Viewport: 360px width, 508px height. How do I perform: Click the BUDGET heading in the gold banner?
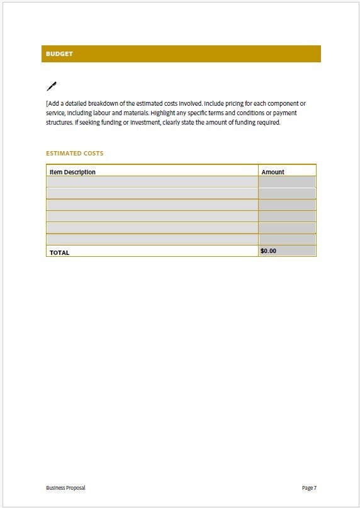tap(59, 54)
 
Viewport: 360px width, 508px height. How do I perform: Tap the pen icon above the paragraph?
tap(52, 86)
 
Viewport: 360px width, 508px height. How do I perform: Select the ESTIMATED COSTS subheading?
tap(74, 153)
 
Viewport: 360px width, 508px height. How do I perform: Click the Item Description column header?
tap(72, 172)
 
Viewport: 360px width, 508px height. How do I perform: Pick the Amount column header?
tap(273, 172)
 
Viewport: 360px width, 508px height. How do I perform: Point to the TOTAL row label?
tap(59, 252)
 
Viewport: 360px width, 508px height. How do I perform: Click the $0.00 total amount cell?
tap(269, 251)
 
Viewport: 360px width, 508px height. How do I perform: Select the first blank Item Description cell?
tap(152, 182)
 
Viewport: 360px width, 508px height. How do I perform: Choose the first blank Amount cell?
tap(287, 182)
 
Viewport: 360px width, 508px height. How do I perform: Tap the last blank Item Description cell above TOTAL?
tap(152, 239)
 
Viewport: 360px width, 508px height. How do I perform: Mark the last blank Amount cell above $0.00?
tap(287, 239)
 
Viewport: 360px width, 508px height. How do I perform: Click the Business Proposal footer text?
tap(65, 488)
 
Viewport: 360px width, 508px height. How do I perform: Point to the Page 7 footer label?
tap(309, 488)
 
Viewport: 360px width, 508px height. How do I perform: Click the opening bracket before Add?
tap(47, 103)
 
